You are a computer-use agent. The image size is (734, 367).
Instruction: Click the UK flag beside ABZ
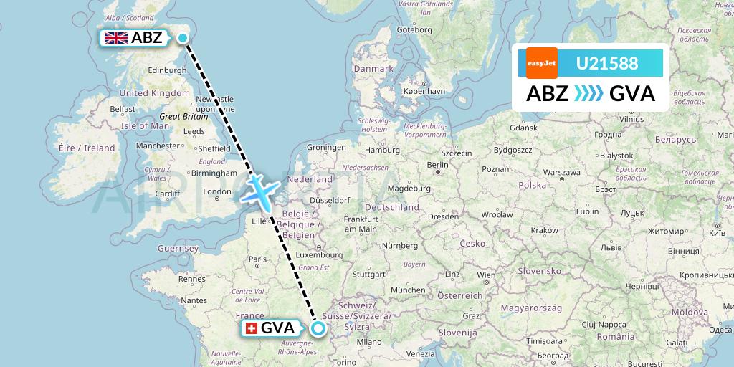(x=115, y=38)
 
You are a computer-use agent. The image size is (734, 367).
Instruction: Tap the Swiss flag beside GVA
(x=251, y=328)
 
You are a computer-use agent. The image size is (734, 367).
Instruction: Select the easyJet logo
(x=541, y=63)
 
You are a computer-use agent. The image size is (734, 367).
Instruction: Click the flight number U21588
(x=606, y=63)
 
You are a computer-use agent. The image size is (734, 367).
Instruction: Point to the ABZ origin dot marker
(x=183, y=38)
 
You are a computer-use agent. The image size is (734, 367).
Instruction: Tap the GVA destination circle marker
(x=318, y=328)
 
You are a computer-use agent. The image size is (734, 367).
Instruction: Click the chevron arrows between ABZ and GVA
(x=588, y=94)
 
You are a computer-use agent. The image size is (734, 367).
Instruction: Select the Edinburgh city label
(x=166, y=70)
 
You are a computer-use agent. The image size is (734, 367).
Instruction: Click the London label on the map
(x=217, y=191)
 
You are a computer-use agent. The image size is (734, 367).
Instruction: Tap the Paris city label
(x=257, y=259)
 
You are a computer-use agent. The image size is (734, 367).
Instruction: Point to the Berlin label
(x=437, y=164)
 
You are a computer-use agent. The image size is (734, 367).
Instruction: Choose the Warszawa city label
(x=561, y=173)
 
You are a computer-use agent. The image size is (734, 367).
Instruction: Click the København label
(x=424, y=92)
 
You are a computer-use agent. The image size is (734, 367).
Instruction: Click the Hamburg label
(x=381, y=150)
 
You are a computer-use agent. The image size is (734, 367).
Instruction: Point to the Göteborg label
(x=414, y=30)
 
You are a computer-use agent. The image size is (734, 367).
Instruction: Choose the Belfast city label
(x=123, y=108)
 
